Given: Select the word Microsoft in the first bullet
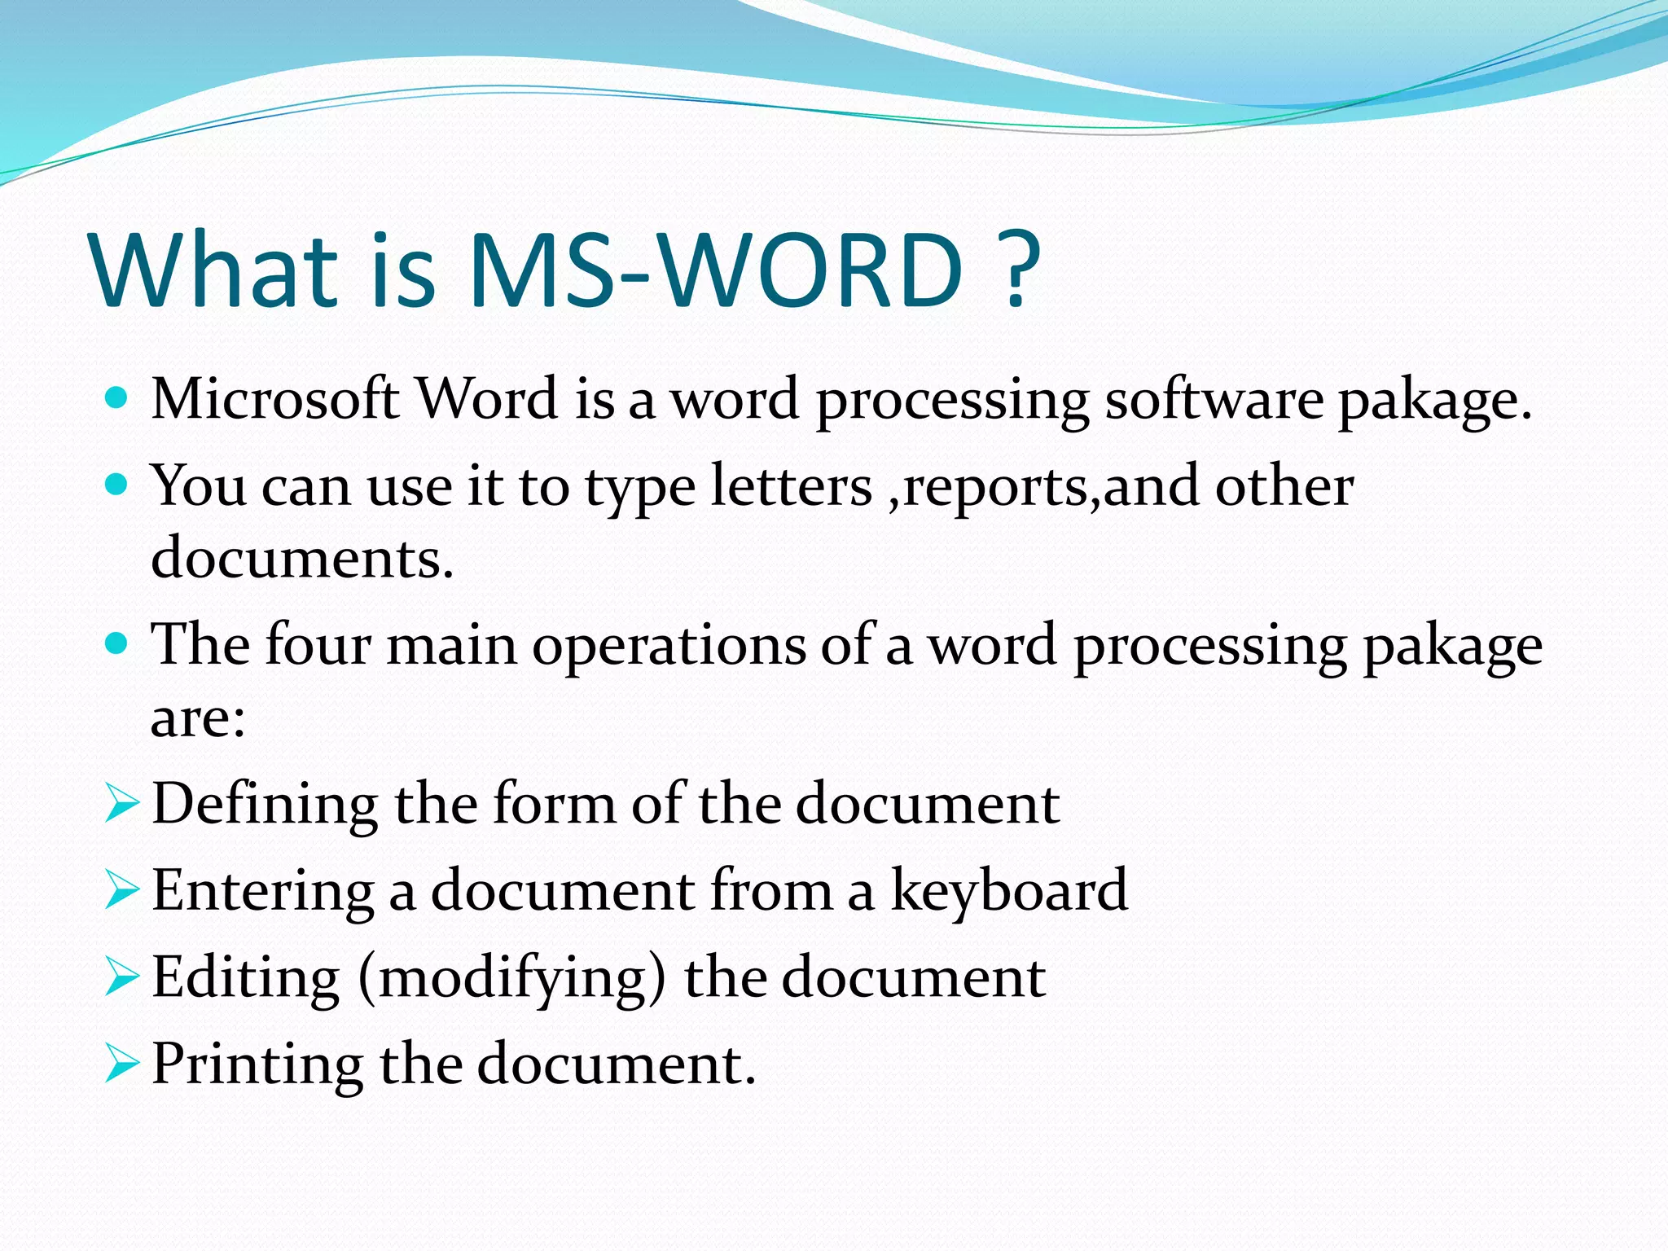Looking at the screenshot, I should click(x=275, y=399).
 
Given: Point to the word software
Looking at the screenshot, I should click(x=1214, y=399).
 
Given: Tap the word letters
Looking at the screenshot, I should click(x=791, y=486).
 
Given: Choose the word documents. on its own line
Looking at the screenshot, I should click(x=302, y=559).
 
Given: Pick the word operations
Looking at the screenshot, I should click(x=669, y=645).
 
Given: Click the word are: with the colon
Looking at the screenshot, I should click(x=198, y=718).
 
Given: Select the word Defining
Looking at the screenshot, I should click(x=265, y=804).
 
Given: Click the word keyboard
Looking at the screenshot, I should click(x=1009, y=889).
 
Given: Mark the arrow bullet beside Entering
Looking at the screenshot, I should click(x=122, y=890).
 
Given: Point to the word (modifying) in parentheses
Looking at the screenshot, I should click(x=511, y=977).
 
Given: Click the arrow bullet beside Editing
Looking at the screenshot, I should click(x=122, y=977).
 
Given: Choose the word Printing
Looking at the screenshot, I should click(x=257, y=1064).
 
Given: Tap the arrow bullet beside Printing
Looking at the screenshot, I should click(x=122, y=1064).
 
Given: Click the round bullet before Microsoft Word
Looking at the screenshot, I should click(x=117, y=398).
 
